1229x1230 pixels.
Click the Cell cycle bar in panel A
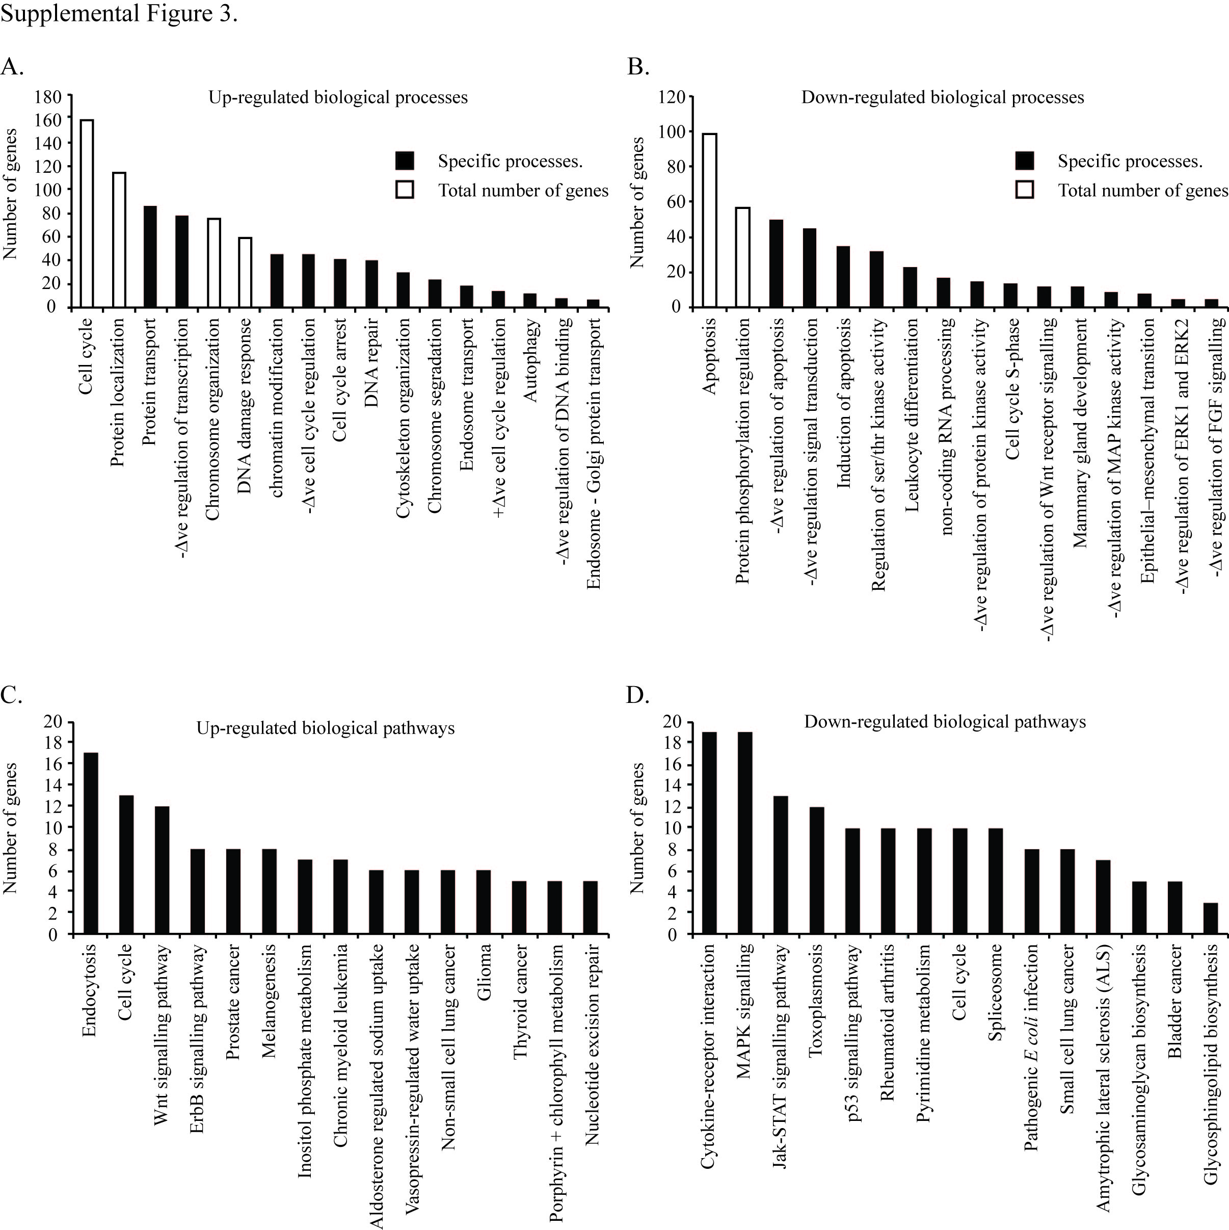pyautogui.click(x=87, y=213)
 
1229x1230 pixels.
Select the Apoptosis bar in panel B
pyautogui.click(x=709, y=220)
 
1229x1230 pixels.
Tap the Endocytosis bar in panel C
pyautogui.click(x=91, y=843)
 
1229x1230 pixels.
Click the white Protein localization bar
pyautogui.click(x=118, y=240)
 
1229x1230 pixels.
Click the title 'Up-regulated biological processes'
pyautogui.click(x=338, y=97)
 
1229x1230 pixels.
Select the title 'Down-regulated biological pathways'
pyautogui.click(x=945, y=721)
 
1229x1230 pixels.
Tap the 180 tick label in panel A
pyautogui.click(x=48, y=97)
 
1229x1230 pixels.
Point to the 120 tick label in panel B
pyautogui.click(x=672, y=97)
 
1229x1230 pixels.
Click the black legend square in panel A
pyautogui.click(x=405, y=161)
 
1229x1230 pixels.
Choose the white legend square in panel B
pyautogui.click(x=1024, y=190)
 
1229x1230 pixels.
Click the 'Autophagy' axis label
pyautogui.click(x=531, y=360)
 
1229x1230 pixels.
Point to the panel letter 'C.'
pyautogui.click(x=11, y=695)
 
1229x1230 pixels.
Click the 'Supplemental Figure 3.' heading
pyautogui.click(x=119, y=13)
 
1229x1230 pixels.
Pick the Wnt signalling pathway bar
pyautogui.click(x=163, y=870)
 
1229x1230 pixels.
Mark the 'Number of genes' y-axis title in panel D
pyautogui.click(x=636, y=828)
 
